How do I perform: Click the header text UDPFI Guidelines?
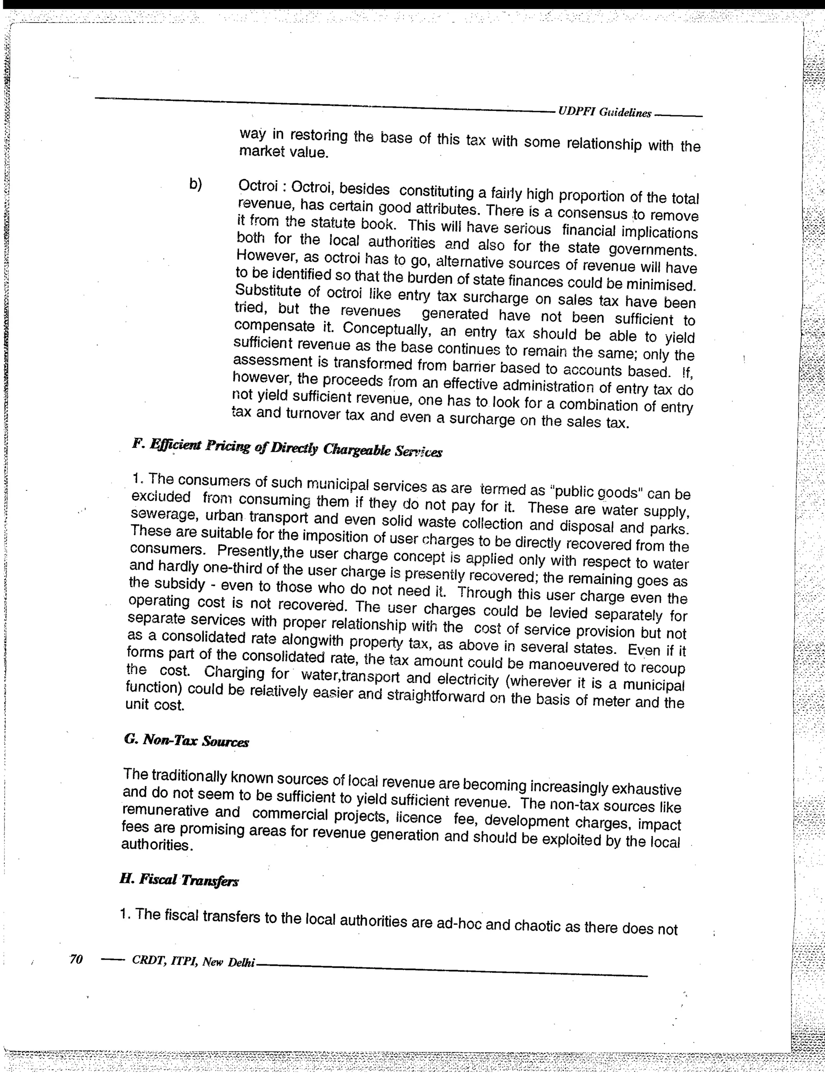point(604,112)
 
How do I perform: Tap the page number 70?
point(76,959)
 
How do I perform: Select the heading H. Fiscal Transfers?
point(179,880)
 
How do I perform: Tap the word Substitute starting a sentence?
point(269,291)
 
